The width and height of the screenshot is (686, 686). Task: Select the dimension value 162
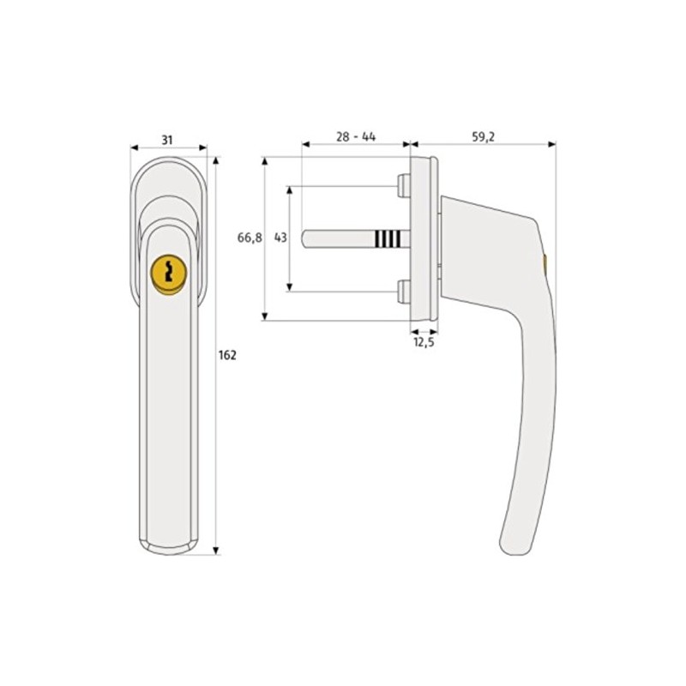pyautogui.click(x=227, y=355)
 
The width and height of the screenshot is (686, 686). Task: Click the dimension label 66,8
pyautogui.click(x=249, y=238)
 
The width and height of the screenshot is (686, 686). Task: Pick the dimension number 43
pyautogui.click(x=280, y=238)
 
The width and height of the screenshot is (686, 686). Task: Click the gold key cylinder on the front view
pyautogui.click(x=168, y=273)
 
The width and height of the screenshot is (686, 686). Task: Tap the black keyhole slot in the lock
pyautogui.click(x=168, y=273)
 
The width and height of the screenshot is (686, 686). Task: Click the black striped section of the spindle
pyautogui.click(x=387, y=238)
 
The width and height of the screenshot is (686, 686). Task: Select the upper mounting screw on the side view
pyautogui.click(x=402, y=184)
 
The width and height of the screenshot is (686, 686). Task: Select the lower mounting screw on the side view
pyautogui.click(x=402, y=292)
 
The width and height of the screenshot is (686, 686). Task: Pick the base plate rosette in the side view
pyautogui.click(x=424, y=238)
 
